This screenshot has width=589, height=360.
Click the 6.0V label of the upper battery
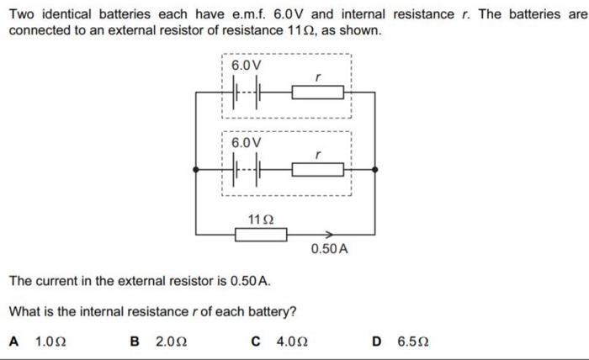(246, 65)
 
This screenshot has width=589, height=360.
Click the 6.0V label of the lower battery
(246, 142)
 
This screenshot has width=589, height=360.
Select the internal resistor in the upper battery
(317, 92)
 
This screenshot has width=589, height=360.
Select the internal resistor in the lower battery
(317, 169)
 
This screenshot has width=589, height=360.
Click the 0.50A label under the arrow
(329, 250)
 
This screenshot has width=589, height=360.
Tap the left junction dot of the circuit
(196, 169)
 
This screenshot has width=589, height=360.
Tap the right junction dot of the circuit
(375, 169)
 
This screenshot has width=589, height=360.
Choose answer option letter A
(13, 341)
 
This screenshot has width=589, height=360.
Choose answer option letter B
(135, 341)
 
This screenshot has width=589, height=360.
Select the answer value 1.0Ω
(51, 341)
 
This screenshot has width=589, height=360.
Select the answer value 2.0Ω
(172, 341)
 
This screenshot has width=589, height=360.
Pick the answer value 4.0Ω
(293, 341)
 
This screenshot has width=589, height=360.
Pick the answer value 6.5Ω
(413, 341)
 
